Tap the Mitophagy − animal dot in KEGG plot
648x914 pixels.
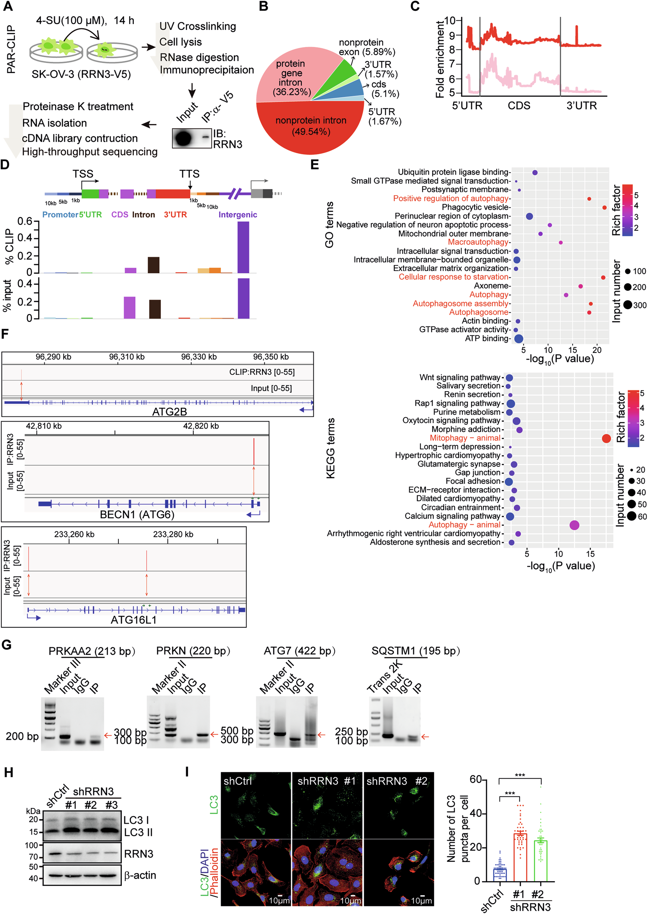(606, 438)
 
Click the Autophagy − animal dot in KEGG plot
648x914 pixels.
(574, 525)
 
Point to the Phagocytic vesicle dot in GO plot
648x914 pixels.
(604, 207)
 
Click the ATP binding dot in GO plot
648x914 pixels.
(518, 339)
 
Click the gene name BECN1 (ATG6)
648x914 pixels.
(137, 515)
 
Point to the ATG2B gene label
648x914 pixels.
(169, 412)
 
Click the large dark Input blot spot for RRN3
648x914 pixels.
(183, 139)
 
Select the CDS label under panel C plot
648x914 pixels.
(519, 106)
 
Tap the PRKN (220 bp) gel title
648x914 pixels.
(193, 651)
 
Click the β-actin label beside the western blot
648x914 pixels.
(140, 875)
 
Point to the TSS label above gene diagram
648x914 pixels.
(83, 174)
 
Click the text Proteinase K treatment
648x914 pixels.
(78, 106)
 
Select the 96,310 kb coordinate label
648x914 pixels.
(127, 357)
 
